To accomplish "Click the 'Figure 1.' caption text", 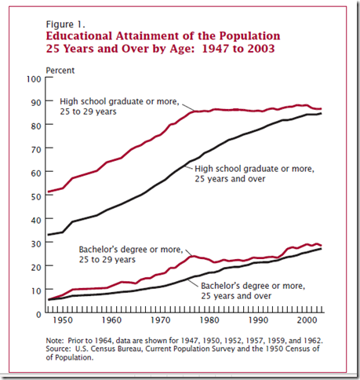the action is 65,24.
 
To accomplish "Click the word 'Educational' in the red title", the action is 79,36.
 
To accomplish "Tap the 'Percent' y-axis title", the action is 60,71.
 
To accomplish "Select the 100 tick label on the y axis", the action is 34,79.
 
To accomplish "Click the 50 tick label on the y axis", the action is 36,196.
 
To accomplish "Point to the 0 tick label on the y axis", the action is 38,314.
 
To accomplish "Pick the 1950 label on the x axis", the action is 63,320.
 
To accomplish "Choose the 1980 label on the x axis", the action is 209,320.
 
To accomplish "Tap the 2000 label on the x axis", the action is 307,320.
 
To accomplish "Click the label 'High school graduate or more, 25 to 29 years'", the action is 119,107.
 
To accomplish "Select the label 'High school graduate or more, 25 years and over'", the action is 254,174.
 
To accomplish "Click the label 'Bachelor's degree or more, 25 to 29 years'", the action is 131,254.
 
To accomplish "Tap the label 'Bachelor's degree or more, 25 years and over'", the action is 253,290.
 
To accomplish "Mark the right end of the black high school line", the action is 321,113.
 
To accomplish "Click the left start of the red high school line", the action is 49,192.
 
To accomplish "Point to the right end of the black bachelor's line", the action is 321,249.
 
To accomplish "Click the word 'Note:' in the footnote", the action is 55,341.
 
